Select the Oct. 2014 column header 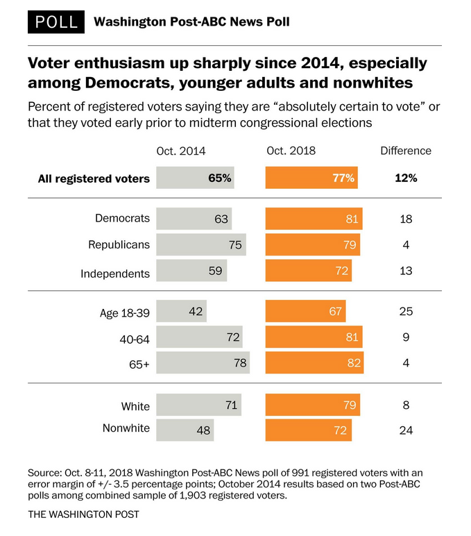[x=181, y=151]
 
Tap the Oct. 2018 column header [x=291, y=151]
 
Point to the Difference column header [x=406, y=151]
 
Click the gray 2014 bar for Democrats [x=194, y=219]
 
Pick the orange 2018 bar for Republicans [x=313, y=244]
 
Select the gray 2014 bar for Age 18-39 [x=182, y=311]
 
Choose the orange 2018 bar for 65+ [x=314, y=362]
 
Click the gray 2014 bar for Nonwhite [x=185, y=430]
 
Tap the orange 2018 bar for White [x=313, y=405]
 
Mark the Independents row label [x=115, y=273]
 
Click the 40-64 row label [x=135, y=338]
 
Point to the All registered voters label [x=94, y=178]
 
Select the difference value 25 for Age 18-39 [x=406, y=311]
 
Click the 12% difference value [x=406, y=178]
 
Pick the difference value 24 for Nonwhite [x=406, y=430]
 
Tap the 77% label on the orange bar [x=343, y=178]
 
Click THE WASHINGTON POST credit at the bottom [x=84, y=514]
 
